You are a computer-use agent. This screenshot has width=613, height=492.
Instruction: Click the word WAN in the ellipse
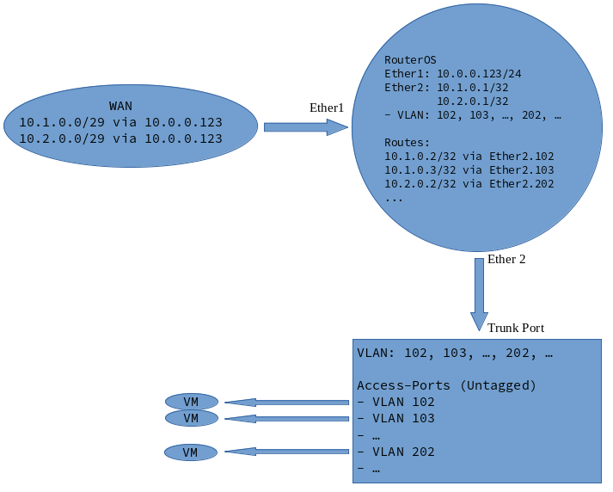[x=120, y=106]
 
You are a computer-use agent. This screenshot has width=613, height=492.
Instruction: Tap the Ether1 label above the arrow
[x=327, y=108]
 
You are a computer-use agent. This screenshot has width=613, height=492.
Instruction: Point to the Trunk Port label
[x=516, y=328]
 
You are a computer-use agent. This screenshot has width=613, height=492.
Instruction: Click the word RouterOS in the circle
[x=410, y=59]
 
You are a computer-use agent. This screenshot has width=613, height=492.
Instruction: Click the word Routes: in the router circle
[x=407, y=142]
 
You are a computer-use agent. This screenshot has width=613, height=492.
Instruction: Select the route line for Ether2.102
[x=469, y=157]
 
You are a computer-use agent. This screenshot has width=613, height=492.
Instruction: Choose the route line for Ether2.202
[x=469, y=183]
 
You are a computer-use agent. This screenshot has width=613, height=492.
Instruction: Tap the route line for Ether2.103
[x=469, y=170]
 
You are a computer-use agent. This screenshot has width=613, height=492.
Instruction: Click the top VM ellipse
[x=191, y=402]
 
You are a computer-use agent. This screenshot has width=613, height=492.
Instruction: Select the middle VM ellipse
[x=191, y=418]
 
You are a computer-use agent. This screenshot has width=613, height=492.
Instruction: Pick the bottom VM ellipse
[x=191, y=452]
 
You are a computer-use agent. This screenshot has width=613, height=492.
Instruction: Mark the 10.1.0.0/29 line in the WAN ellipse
[x=120, y=122]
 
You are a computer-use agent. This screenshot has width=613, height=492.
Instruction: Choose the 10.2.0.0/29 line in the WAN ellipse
[x=120, y=138]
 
